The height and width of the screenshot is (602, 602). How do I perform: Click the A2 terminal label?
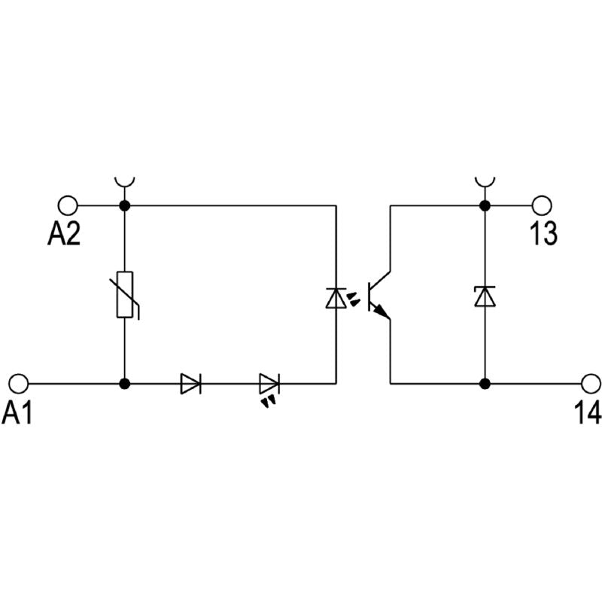[65, 235]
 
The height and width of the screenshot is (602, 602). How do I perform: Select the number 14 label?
[587, 412]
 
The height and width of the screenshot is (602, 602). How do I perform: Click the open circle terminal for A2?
[68, 205]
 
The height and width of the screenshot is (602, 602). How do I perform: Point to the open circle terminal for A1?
[18, 383]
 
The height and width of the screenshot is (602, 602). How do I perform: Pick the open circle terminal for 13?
[542, 205]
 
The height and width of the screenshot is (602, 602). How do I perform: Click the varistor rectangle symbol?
[125, 294]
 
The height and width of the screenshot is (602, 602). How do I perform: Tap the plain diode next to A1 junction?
[191, 383]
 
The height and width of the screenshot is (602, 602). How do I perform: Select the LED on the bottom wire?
[269, 385]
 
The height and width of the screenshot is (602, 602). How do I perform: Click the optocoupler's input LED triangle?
[335, 298]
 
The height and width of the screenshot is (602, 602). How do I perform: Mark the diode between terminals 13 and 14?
[485, 296]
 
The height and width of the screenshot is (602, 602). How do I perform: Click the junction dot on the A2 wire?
[125, 205]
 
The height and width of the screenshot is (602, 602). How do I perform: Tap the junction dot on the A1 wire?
[125, 383]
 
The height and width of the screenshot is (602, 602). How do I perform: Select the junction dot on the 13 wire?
[485, 205]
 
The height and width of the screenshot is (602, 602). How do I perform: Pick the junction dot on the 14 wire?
[485, 383]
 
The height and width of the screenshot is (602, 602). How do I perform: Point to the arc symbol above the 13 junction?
[485, 181]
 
